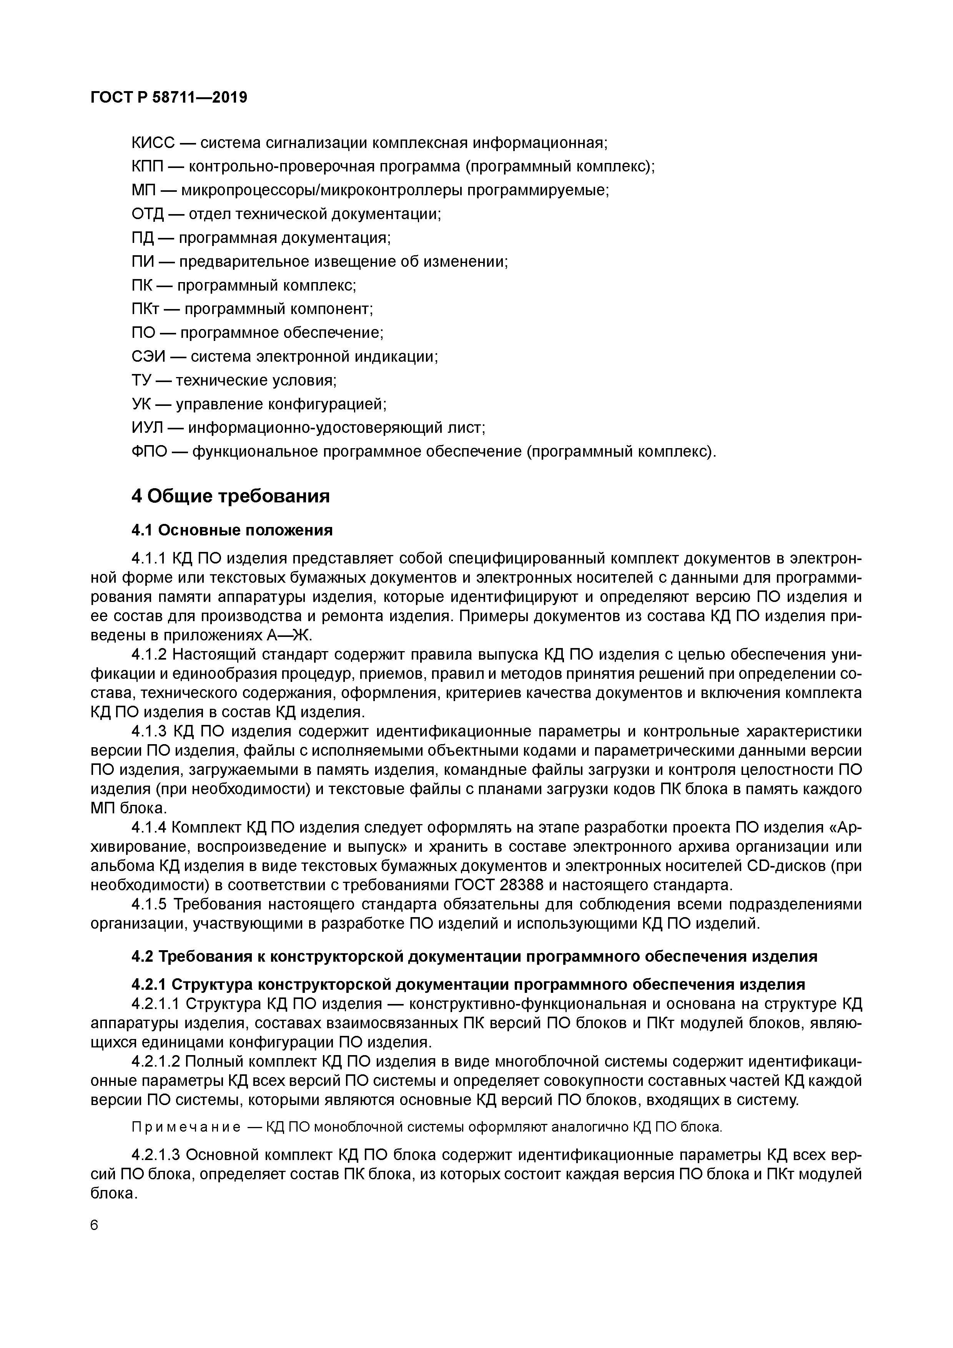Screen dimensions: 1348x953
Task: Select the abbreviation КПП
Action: tap(148, 167)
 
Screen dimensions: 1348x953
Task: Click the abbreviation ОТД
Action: tap(147, 214)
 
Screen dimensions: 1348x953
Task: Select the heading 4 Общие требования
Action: tap(230, 497)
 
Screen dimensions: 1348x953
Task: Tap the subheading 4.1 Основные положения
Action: tap(232, 531)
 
